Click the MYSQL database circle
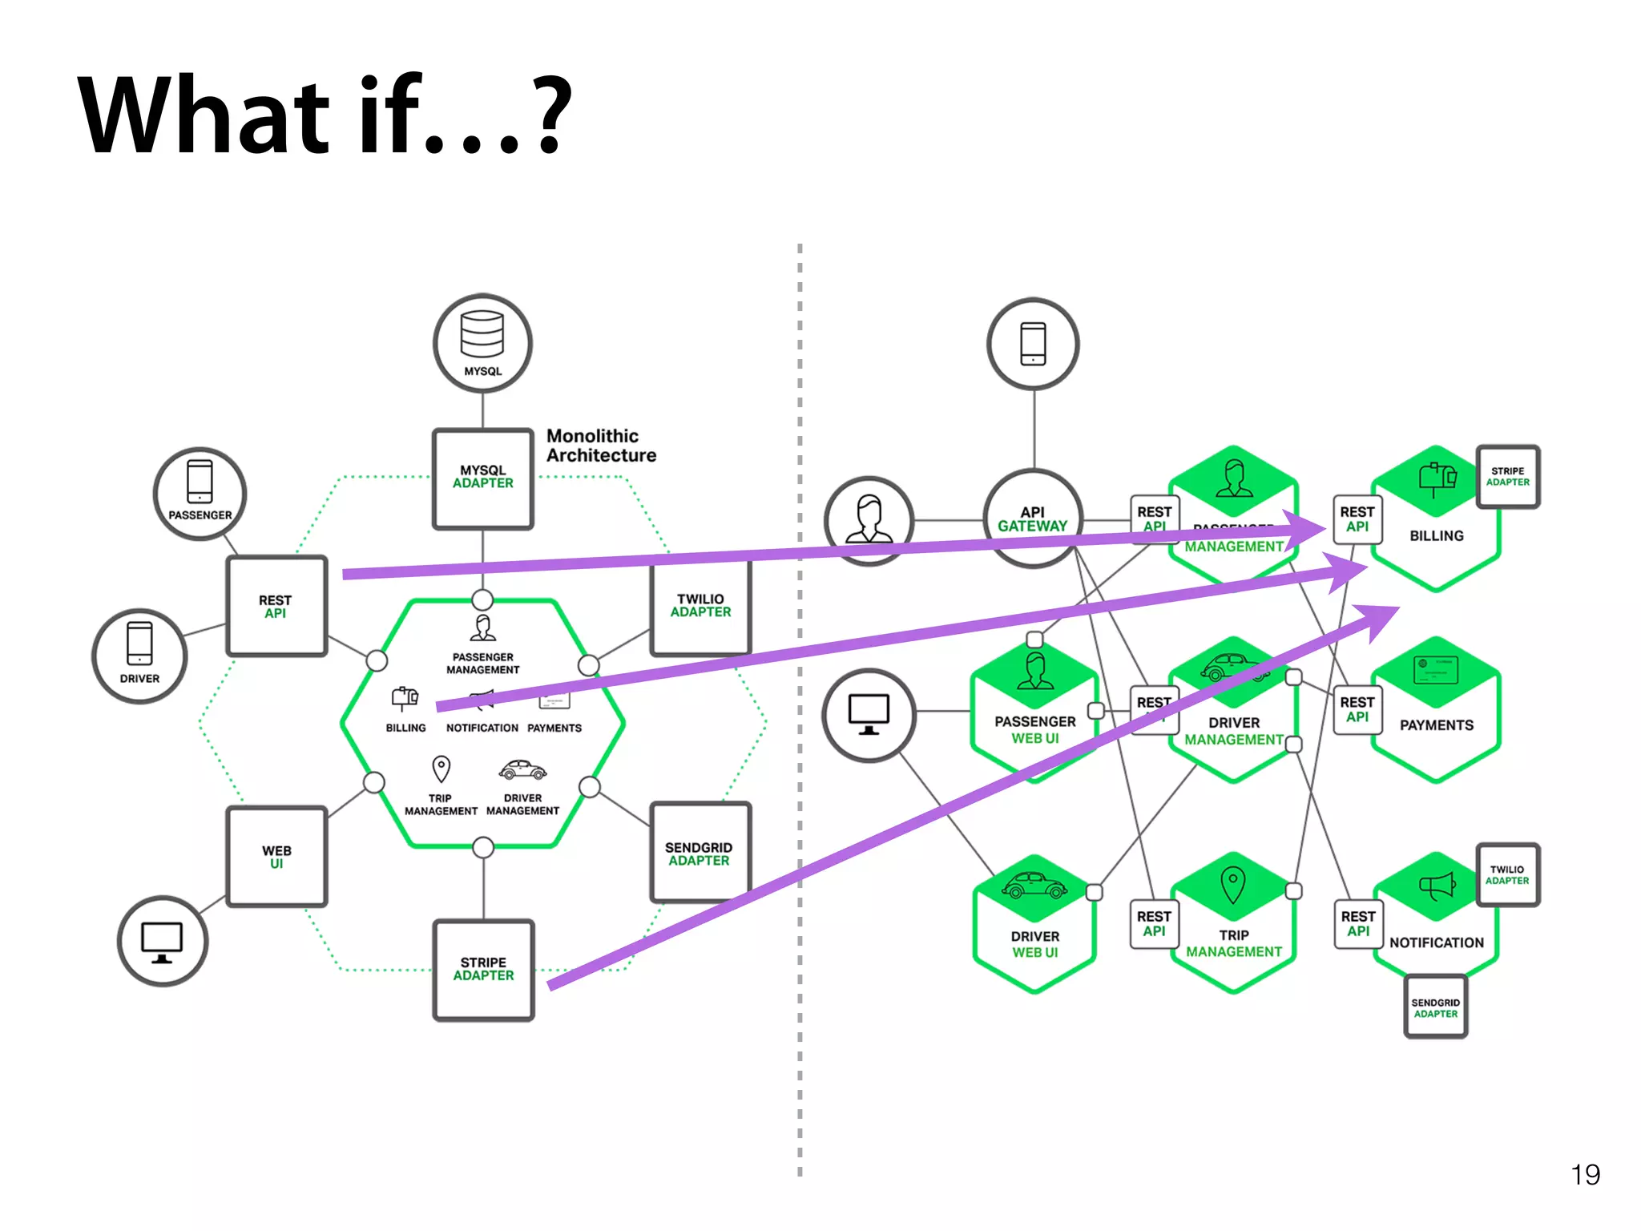tap(482, 343)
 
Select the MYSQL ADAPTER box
tap(483, 478)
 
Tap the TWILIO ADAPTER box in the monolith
tap(701, 607)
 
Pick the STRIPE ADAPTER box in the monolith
tap(483, 970)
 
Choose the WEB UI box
tap(276, 856)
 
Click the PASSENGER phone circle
tap(200, 493)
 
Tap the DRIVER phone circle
tap(139, 656)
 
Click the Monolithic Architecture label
tap(601, 446)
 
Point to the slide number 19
tap(1585, 1174)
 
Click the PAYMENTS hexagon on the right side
tap(1436, 713)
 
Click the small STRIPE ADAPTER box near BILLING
tap(1507, 477)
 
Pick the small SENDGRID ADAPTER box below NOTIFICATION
tap(1435, 1007)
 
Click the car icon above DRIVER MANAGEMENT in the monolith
tap(522, 771)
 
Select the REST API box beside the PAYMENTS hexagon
tap(1357, 709)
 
